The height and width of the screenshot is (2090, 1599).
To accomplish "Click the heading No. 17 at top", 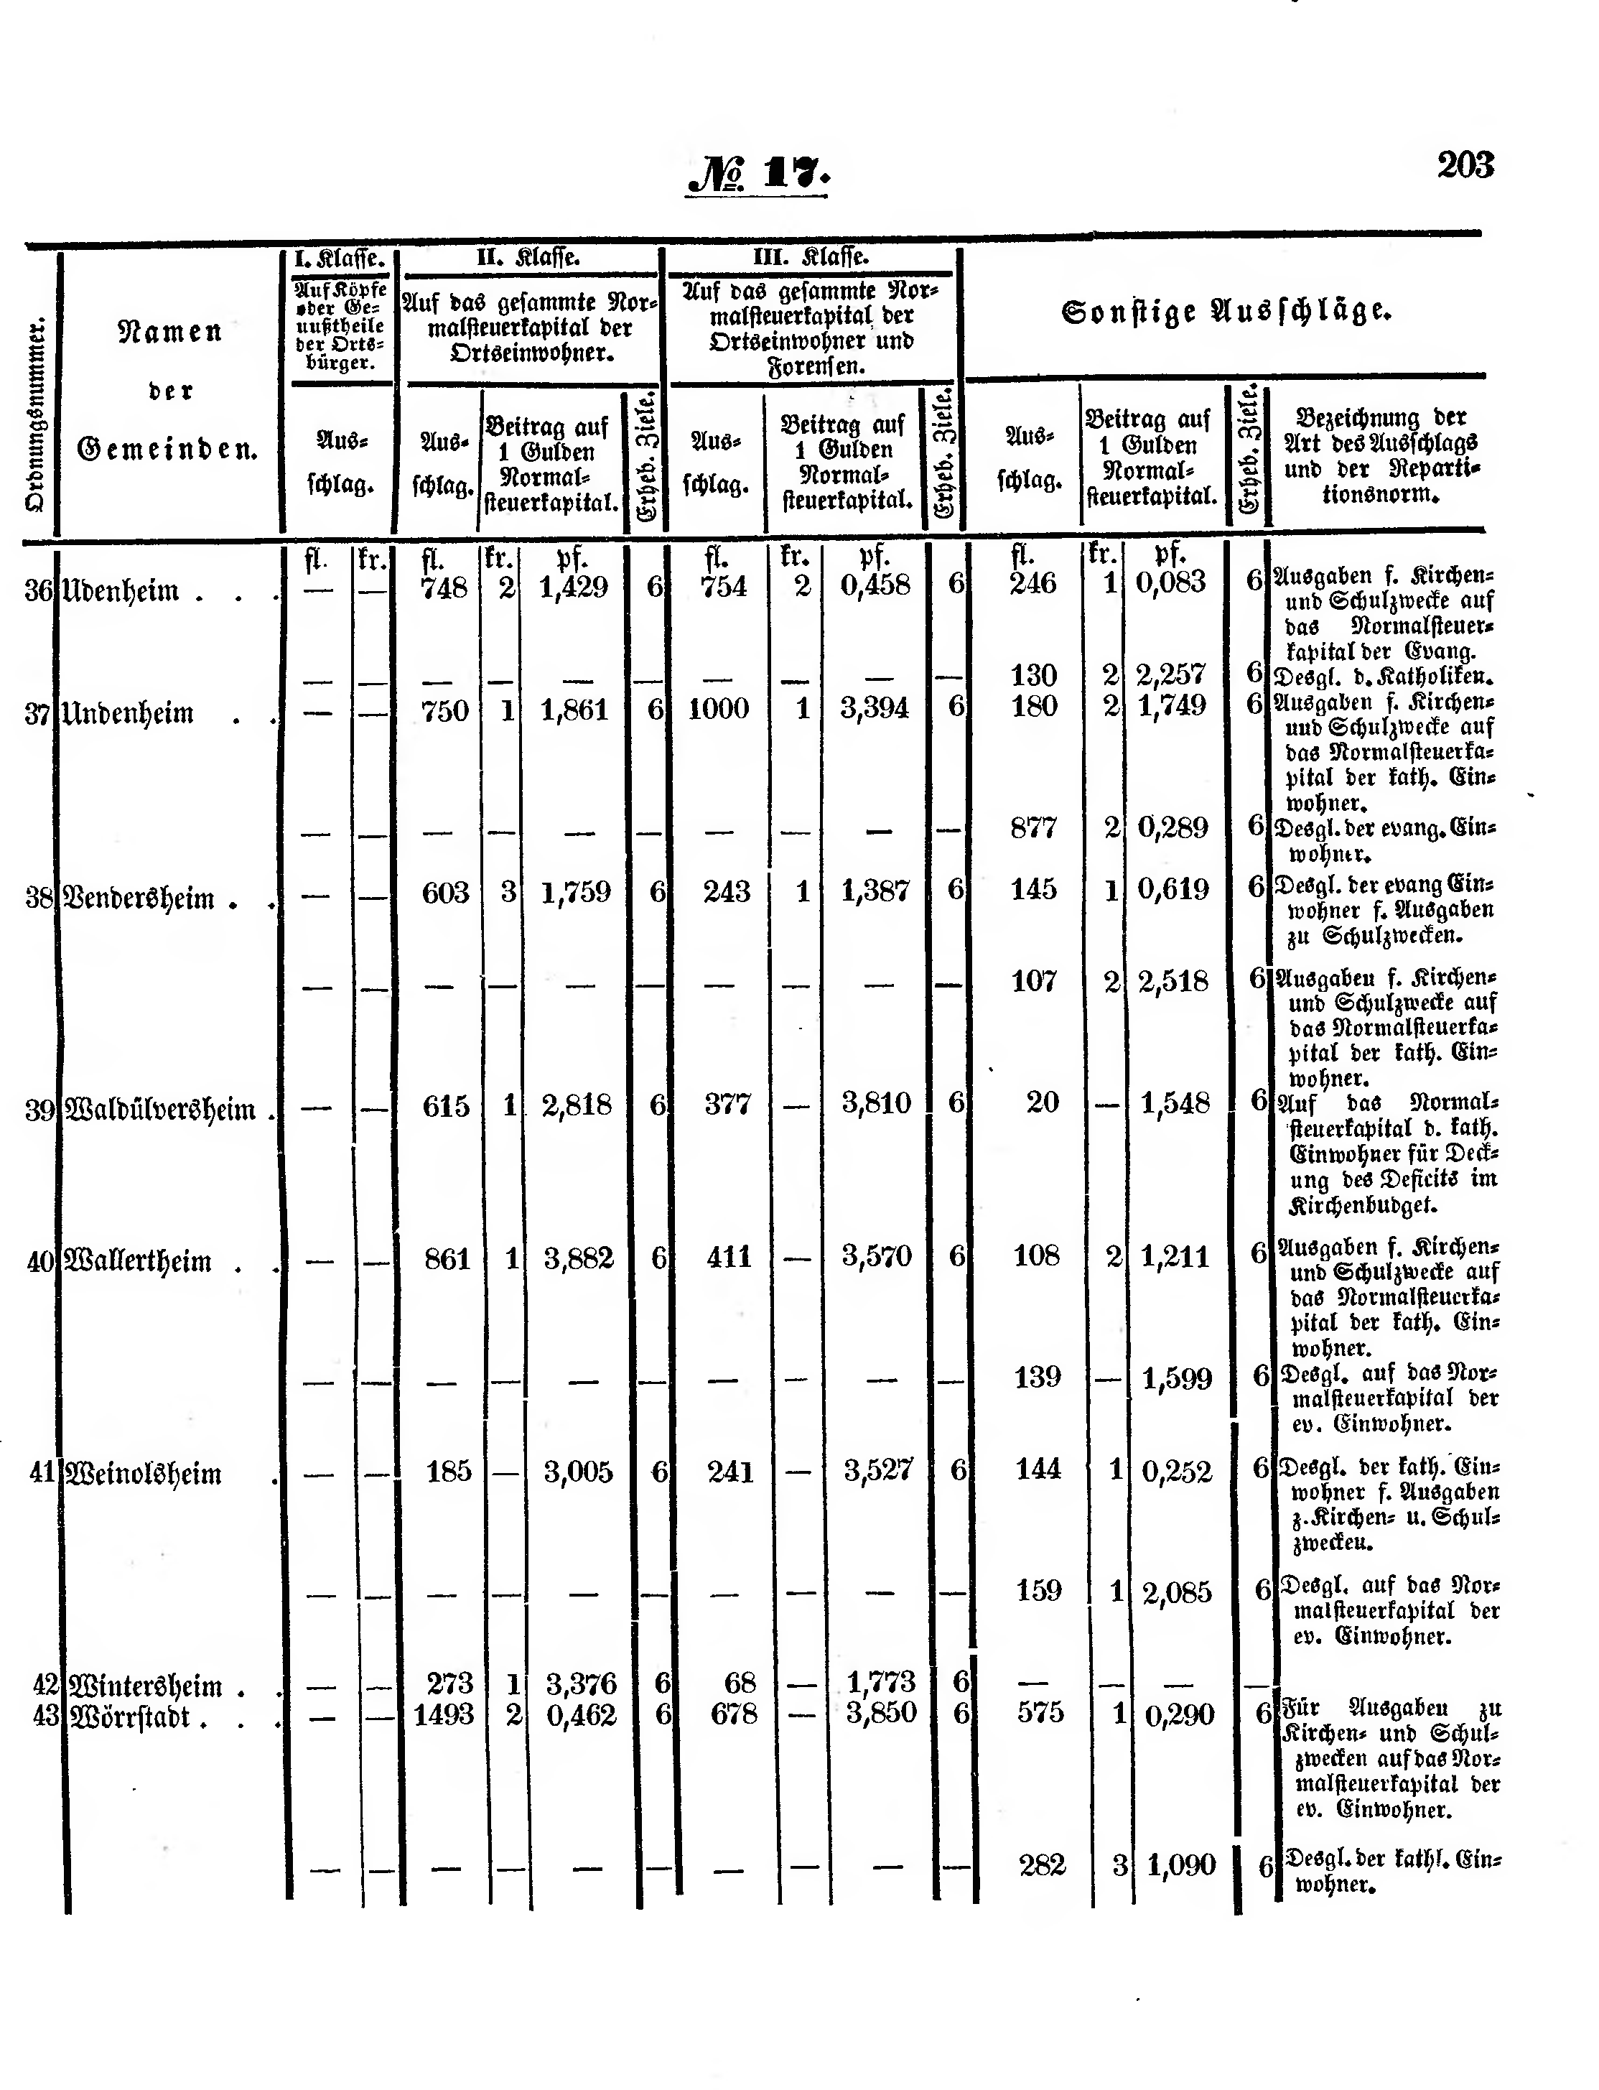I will pyautogui.click(x=757, y=175).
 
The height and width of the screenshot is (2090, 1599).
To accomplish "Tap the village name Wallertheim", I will pyautogui.click(x=138, y=1263).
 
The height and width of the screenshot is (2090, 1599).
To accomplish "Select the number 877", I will pyautogui.click(x=1034, y=827).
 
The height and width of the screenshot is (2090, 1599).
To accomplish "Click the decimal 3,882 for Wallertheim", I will pyautogui.click(x=579, y=1260).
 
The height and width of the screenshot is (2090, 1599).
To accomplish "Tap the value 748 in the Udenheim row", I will pyautogui.click(x=444, y=587).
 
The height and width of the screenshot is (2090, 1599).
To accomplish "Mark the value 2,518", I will pyautogui.click(x=1173, y=982).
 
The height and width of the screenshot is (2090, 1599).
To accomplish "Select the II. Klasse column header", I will pyautogui.click(x=528, y=258).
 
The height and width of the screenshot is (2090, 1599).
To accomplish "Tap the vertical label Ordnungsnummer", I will pyautogui.click(x=35, y=415).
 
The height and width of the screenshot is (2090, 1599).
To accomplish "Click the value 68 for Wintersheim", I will pyautogui.click(x=740, y=1683).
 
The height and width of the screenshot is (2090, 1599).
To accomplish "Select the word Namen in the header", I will pyautogui.click(x=169, y=333).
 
